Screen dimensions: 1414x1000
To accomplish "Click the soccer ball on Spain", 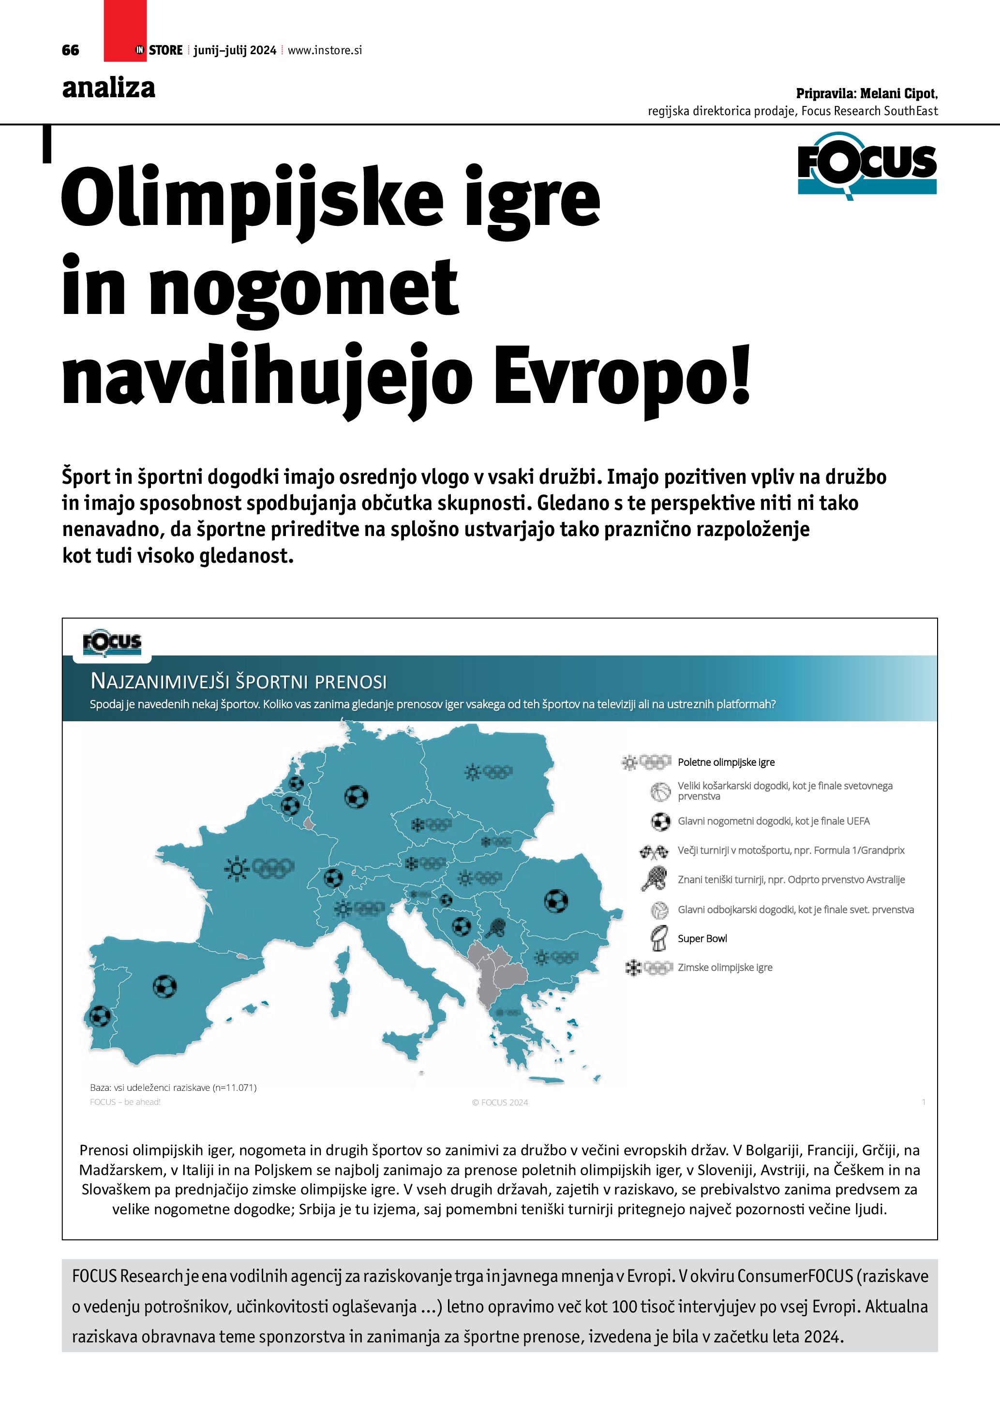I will tap(164, 986).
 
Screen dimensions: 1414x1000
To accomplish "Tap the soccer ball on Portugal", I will tap(100, 1015).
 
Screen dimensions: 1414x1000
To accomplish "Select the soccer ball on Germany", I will tap(356, 796).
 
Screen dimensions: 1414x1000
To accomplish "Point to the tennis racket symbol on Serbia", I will tap(495, 927).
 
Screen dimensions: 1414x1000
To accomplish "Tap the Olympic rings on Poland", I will tap(497, 771).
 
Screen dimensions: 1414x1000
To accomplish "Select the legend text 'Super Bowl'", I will tap(702, 938).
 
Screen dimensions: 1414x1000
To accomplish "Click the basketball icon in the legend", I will tap(660, 791).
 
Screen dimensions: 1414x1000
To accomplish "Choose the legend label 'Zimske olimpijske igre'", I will tap(725, 967).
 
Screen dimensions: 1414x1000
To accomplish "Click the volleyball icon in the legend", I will tap(660, 909).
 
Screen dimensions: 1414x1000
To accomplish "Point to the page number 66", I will tap(71, 50).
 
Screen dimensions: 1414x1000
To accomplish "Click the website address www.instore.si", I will tap(325, 50).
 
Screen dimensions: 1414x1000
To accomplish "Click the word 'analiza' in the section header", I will tap(108, 88).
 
